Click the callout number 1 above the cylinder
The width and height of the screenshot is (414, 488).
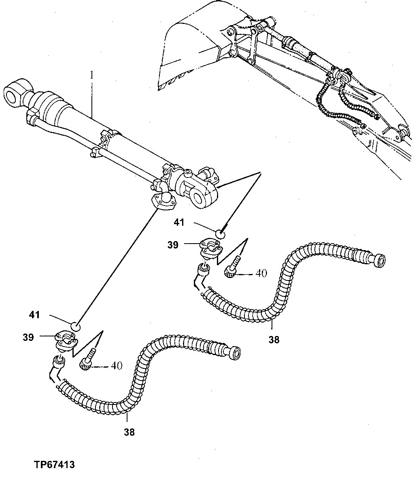coord(92,75)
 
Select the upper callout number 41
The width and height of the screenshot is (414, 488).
coord(179,222)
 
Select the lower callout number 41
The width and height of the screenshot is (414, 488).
coord(35,314)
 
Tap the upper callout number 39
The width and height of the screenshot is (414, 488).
coord(173,245)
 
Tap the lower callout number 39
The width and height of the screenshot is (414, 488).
coord(28,337)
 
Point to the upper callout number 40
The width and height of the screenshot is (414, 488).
coord(261,274)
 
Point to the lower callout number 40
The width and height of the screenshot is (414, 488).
coord(117,366)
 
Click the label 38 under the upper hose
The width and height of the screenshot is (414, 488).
coord(274,340)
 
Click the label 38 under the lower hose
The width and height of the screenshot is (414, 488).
coord(129,432)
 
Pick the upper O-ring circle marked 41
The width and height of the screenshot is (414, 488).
coord(220,234)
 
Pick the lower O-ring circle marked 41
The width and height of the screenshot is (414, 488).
coord(76,326)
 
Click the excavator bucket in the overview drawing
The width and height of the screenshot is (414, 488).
coord(190,49)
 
